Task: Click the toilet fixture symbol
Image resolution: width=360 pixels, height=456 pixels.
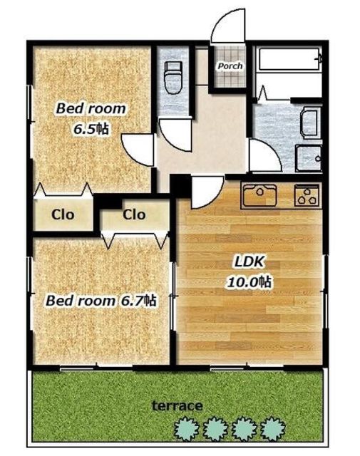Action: pyautogui.click(x=173, y=77)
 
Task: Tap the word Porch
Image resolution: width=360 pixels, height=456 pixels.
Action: pyautogui.click(x=230, y=66)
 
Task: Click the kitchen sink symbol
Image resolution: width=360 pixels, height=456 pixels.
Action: pyautogui.click(x=259, y=195)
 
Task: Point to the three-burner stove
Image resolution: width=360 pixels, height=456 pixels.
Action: pyautogui.click(x=307, y=195)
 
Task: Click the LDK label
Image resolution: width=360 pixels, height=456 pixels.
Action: pyautogui.click(x=249, y=261)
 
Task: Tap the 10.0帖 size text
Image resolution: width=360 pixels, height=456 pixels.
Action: pyautogui.click(x=250, y=281)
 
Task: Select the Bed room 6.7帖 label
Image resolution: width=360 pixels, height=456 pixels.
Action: pyautogui.click(x=101, y=301)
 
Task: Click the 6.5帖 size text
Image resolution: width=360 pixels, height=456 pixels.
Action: pyautogui.click(x=91, y=129)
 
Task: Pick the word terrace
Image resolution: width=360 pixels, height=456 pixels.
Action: pyautogui.click(x=178, y=405)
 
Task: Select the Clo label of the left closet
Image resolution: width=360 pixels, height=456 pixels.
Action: pyautogui.click(x=63, y=214)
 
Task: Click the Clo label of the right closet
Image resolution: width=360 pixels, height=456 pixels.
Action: pyautogui.click(x=134, y=214)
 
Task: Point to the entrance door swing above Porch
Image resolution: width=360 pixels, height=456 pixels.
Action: pyautogui.click(x=228, y=26)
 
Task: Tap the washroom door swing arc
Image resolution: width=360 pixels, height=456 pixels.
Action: pyautogui.click(x=265, y=155)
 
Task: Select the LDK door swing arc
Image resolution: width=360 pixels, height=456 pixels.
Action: pyautogui.click(x=207, y=192)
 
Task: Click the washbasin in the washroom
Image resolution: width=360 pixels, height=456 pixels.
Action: pyautogui.click(x=310, y=123)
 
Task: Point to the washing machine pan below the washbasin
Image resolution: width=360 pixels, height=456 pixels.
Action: pyautogui.click(x=309, y=158)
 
